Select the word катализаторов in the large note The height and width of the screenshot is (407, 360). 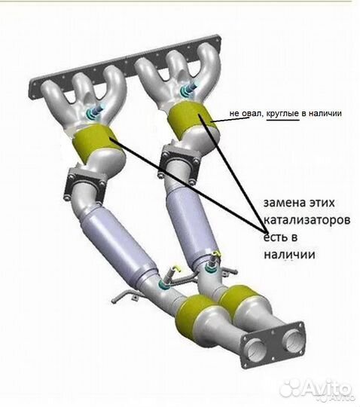307,220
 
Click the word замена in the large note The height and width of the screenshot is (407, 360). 284,203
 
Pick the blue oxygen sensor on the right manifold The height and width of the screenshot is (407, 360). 188,89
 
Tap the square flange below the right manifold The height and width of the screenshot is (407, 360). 179,163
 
